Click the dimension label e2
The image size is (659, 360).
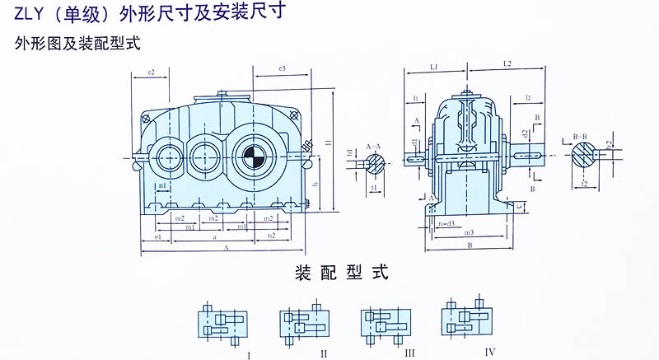point(152,72)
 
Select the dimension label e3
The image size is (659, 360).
point(282,68)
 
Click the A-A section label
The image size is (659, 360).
point(373,143)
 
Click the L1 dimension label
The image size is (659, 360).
point(434,64)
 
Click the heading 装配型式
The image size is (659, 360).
point(341,272)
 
